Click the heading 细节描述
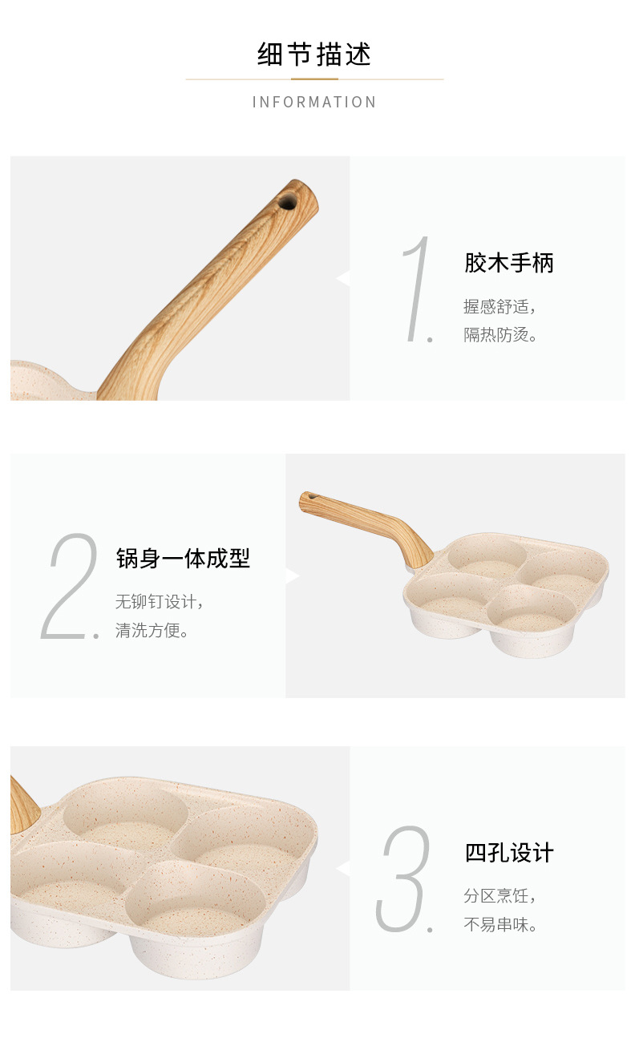tap(314, 55)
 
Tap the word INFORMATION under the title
tap(314, 102)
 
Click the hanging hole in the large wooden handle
tap(287, 203)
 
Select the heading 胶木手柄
tap(509, 262)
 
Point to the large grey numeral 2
tap(69, 586)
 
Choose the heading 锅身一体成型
tap(183, 559)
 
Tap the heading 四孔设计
tap(509, 853)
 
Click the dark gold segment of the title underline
tap(314, 79)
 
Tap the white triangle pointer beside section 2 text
tap(293, 576)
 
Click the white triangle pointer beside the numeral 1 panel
tap(343, 278)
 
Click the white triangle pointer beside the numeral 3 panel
tap(343, 867)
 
